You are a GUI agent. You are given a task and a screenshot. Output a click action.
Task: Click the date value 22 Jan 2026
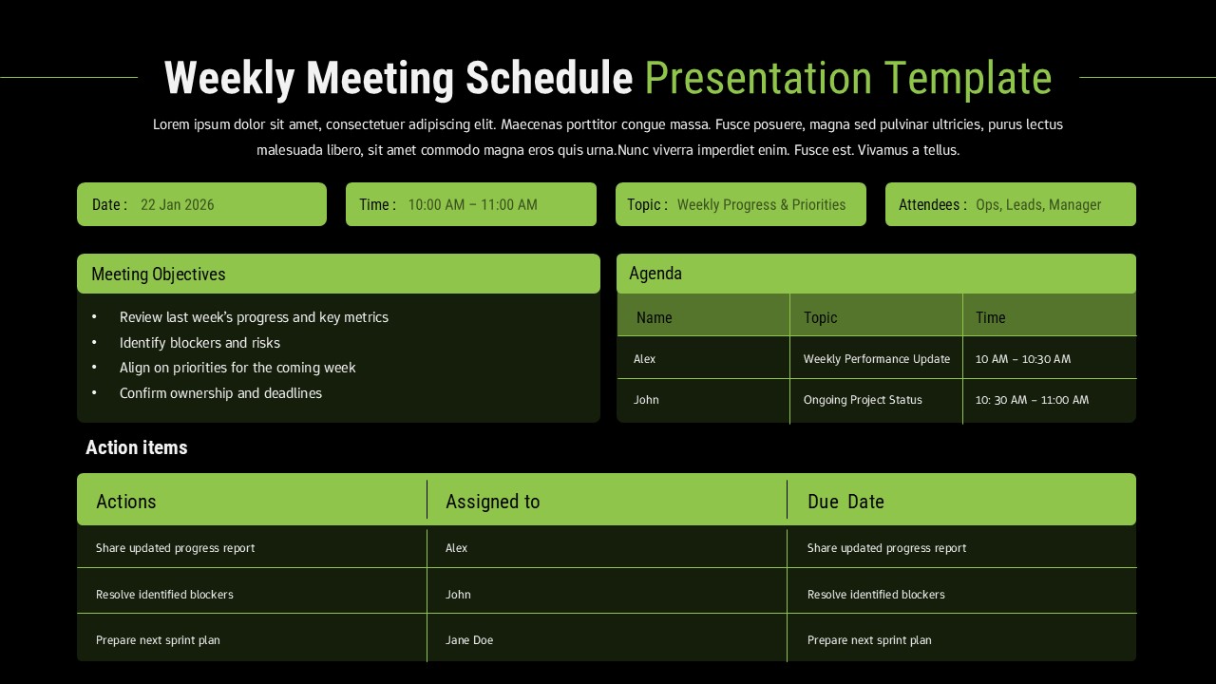178,205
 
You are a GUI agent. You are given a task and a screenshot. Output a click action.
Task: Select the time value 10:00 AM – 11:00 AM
472,205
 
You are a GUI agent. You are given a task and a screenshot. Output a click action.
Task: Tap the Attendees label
932,205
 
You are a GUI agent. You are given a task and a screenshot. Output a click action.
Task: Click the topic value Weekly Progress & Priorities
761,205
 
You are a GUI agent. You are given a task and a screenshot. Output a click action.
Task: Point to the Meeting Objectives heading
159,275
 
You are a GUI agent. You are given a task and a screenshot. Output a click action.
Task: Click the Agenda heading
655,274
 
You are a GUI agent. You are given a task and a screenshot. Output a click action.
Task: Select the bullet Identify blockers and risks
199,343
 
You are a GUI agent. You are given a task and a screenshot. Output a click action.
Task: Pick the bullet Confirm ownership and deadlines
220,393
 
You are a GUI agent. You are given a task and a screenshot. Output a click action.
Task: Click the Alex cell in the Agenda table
644,359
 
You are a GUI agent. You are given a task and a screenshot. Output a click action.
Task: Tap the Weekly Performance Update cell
876,359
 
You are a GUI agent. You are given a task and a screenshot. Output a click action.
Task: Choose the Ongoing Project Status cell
863,400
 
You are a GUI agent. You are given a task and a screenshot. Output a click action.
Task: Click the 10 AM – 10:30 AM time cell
1022,359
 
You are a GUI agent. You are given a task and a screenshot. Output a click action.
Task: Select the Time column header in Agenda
990,318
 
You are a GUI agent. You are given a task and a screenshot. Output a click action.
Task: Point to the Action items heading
137,447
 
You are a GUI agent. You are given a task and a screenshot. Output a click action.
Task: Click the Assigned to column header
492,502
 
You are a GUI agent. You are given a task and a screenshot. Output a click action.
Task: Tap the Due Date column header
845,502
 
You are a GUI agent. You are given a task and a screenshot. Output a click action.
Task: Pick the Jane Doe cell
469,640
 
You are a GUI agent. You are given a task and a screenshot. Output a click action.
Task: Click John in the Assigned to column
458,595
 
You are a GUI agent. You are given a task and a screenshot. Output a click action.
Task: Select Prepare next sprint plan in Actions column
158,640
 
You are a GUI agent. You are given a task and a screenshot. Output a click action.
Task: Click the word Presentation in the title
757,79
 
